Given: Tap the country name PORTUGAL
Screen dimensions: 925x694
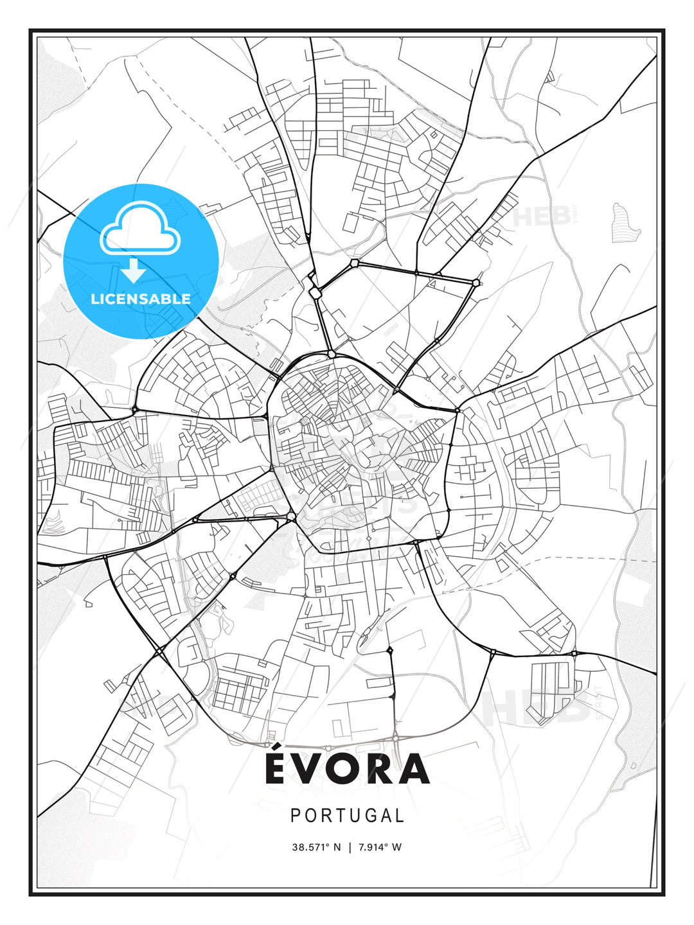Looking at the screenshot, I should coord(347,816).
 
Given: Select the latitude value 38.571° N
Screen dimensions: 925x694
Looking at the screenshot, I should coord(316,847).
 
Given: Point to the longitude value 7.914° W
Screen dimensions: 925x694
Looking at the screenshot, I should coord(378,847).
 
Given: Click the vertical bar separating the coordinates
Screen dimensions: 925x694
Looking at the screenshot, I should coord(349,847).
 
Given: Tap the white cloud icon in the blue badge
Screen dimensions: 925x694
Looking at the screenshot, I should coord(140,229).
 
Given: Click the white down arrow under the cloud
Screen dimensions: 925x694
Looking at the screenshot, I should coord(134,271).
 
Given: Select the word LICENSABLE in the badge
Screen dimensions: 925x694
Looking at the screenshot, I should coord(141,299).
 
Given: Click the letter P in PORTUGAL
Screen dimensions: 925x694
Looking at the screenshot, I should coord(296,816).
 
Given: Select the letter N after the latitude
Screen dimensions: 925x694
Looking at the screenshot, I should coord(337,847).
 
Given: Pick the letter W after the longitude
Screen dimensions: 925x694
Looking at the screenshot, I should coord(397,847).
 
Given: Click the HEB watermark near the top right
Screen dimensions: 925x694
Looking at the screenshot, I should coord(543,217).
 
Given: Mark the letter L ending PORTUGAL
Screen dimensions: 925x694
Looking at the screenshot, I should coord(400,816).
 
